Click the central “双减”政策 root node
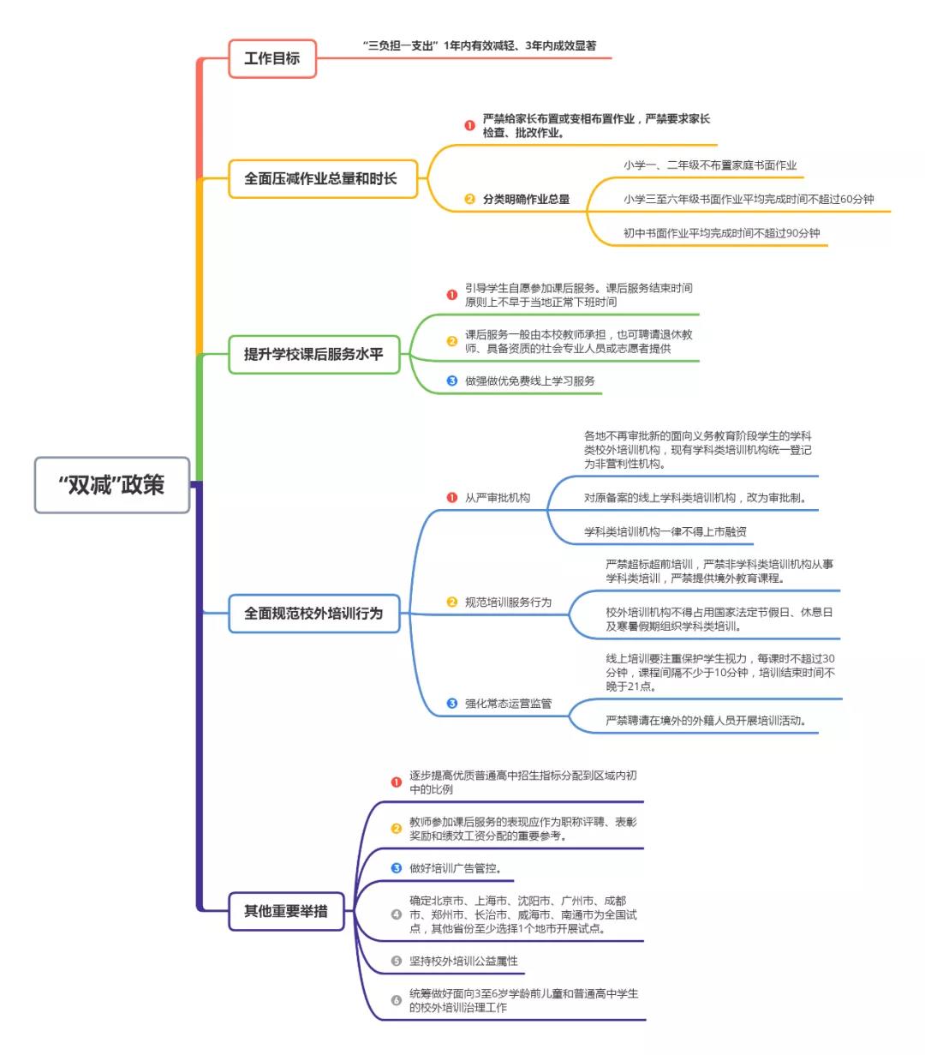coord(111,485)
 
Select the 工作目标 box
coord(272,58)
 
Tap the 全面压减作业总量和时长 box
coord(321,178)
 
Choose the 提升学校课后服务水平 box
coord(313,354)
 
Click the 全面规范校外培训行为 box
coord(313,614)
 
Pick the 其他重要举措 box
coord(285,911)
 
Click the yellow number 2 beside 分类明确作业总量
coord(469,199)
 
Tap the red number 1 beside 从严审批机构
coord(452,497)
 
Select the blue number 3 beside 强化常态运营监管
coord(452,704)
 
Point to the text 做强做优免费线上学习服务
coord(529,381)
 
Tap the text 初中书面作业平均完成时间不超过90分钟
coord(721,232)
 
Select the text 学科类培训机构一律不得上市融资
coord(665,531)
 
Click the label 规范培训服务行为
coord(508,602)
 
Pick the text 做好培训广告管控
coord(455,868)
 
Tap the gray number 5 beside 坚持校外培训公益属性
coord(396,961)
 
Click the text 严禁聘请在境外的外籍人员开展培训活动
coord(706,720)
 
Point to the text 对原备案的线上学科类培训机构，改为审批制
coord(695,497)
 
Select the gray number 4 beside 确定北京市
coord(396,914)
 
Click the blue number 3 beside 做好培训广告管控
coord(396,868)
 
